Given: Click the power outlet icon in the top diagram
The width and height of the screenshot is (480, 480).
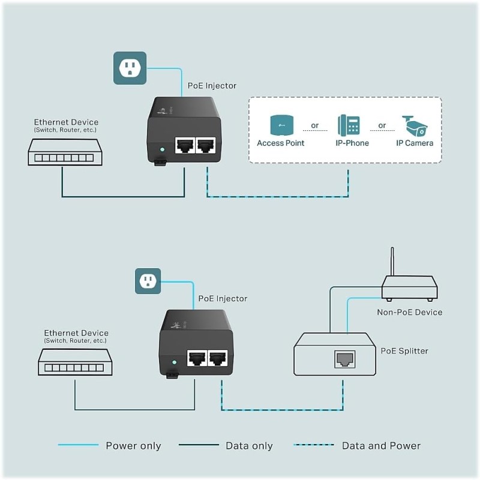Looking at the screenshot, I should (x=130, y=68).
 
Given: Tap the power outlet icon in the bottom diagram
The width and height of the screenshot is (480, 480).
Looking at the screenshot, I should (x=148, y=281).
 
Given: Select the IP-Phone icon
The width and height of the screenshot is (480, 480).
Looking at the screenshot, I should (x=349, y=125).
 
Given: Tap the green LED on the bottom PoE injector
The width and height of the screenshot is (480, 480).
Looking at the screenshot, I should (x=174, y=363).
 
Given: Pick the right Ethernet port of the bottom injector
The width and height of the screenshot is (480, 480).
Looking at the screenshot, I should (x=217, y=359).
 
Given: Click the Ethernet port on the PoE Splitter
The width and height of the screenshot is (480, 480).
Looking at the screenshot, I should (x=344, y=359).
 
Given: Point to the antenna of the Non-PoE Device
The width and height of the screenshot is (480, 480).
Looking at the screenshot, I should (x=392, y=261).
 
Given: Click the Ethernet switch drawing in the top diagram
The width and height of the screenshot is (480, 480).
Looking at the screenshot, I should (x=65, y=152).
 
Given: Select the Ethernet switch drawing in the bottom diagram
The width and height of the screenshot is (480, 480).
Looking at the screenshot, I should (x=75, y=362).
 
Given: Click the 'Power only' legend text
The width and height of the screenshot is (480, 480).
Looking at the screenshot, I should (x=133, y=446).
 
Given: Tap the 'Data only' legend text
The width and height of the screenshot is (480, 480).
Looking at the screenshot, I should (x=249, y=446).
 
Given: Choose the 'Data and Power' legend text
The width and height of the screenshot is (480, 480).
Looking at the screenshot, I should (x=381, y=446).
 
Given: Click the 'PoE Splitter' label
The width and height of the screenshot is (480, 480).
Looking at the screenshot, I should (x=404, y=350).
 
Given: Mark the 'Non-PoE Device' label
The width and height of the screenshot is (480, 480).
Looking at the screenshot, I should (x=409, y=312).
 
